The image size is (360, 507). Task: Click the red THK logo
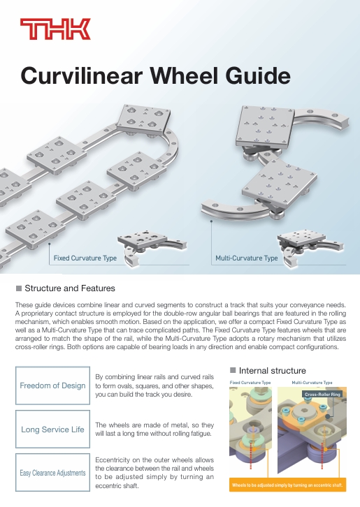pyautogui.click(x=55, y=29)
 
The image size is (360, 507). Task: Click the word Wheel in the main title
pyautogui.click(x=184, y=75)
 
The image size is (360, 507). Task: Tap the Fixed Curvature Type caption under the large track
pyautogui.click(x=85, y=258)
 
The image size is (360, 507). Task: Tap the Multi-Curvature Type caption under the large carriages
pyautogui.click(x=247, y=258)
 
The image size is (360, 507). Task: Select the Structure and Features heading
pyautogui.click(x=70, y=288)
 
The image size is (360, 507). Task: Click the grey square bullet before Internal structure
pyautogui.click(x=233, y=370)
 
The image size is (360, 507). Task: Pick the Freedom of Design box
pyautogui.click(x=52, y=385)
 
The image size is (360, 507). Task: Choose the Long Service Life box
pyautogui.click(x=52, y=429)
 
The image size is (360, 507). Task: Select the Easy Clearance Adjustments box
pyautogui.click(x=52, y=472)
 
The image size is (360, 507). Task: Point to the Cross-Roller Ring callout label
pyautogui.click(x=322, y=394)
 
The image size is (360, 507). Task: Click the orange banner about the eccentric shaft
pyautogui.click(x=287, y=485)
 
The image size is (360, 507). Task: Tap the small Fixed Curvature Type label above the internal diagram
pyautogui.click(x=250, y=383)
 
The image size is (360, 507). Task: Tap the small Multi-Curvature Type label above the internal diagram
pyautogui.click(x=312, y=383)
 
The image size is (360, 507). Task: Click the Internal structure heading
pyautogui.click(x=272, y=371)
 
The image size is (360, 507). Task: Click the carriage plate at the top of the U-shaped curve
pyautogui.click(x=143, y=120)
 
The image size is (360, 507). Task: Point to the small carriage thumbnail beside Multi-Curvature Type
pyautogui.click(x=310, y=247)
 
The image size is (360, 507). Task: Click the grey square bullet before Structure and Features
pyautogui.click(x=19, y=288)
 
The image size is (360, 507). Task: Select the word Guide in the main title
pyautogui.click(x=258, y=75)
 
